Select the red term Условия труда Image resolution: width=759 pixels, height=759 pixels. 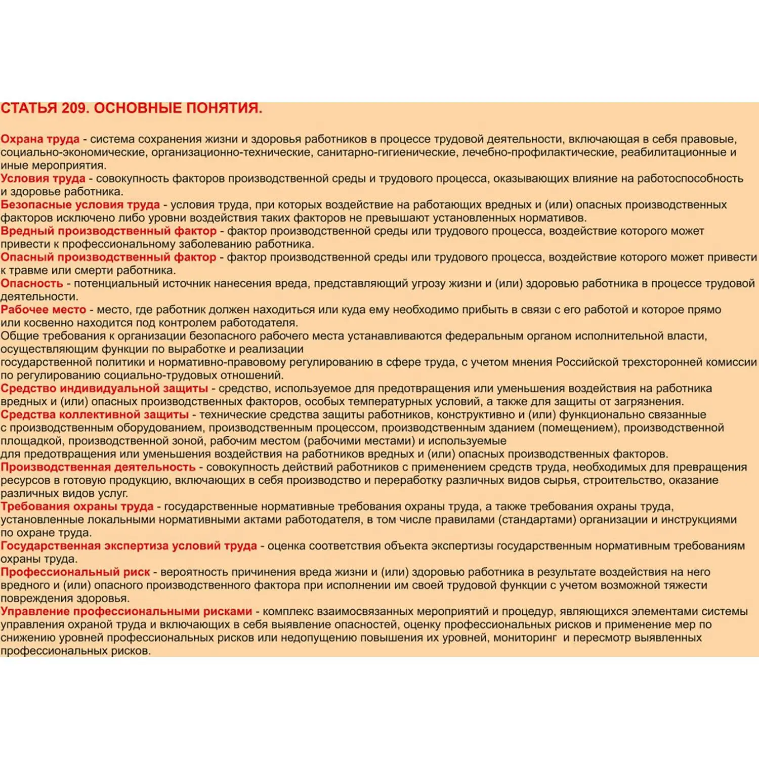tap(43, 178)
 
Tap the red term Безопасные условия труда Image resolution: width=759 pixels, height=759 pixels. tap(80, 204)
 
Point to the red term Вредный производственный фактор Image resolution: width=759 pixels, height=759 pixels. tap(108, 231)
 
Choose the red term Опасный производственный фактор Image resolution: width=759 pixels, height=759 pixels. tap(108, 257)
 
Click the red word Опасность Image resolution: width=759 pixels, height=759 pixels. tap(32, 283)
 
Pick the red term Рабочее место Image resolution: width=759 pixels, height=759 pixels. tap(43, 310)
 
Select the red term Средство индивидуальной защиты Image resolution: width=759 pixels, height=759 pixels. tap(104, 389)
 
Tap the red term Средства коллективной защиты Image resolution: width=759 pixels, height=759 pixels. tap(95, 415)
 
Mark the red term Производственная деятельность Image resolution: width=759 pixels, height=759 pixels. tap(98, 467)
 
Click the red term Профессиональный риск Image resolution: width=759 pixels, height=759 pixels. tap(75, 572)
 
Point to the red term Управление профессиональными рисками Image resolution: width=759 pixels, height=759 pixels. tap(126, 612)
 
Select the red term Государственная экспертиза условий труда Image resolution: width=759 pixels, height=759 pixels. tap(129, 546)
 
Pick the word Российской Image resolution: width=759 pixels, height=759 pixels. tap(587, 362)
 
